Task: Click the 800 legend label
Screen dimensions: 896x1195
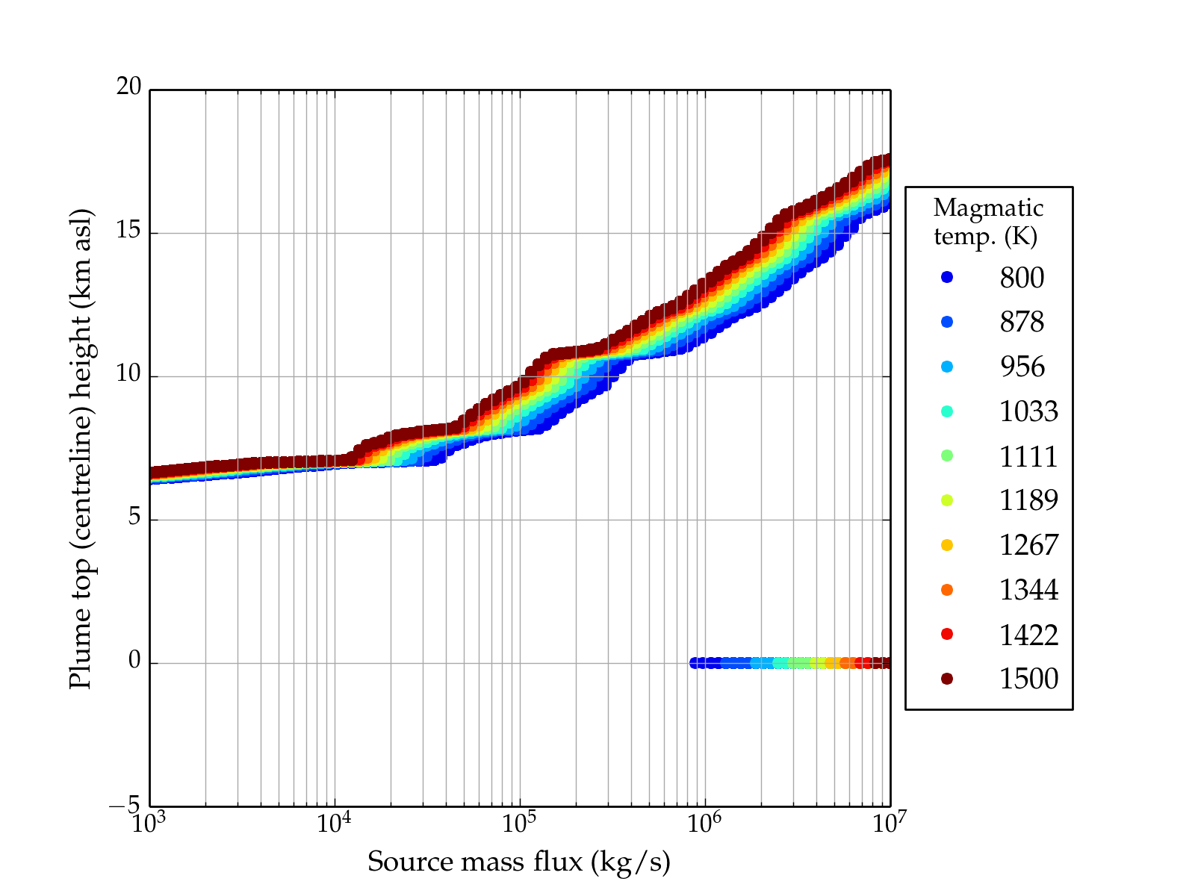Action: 1022,278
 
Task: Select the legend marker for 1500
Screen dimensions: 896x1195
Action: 947,678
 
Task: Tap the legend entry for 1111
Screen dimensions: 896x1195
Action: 1028,456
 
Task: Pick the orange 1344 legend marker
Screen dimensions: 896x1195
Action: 947,590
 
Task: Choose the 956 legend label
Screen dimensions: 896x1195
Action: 1022,367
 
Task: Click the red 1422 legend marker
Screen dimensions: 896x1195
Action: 947,634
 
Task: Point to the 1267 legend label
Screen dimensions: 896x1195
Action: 1028,545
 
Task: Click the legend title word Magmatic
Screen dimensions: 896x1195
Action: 988,208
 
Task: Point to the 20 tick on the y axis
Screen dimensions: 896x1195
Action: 128,87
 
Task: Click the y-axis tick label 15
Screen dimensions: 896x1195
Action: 128,231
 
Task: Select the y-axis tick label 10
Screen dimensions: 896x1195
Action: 128,374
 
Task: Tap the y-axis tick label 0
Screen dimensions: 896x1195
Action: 134,661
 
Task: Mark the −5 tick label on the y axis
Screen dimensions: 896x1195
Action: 125,805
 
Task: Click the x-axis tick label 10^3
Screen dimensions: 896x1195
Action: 149,824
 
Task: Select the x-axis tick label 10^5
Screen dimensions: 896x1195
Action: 519,824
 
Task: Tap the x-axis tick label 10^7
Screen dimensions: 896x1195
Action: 890,824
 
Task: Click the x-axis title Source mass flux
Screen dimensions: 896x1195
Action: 518,862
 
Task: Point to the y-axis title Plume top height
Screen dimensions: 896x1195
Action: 81,448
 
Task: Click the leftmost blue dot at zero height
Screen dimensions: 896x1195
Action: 695,663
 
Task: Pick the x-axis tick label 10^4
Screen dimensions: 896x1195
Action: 334,824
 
